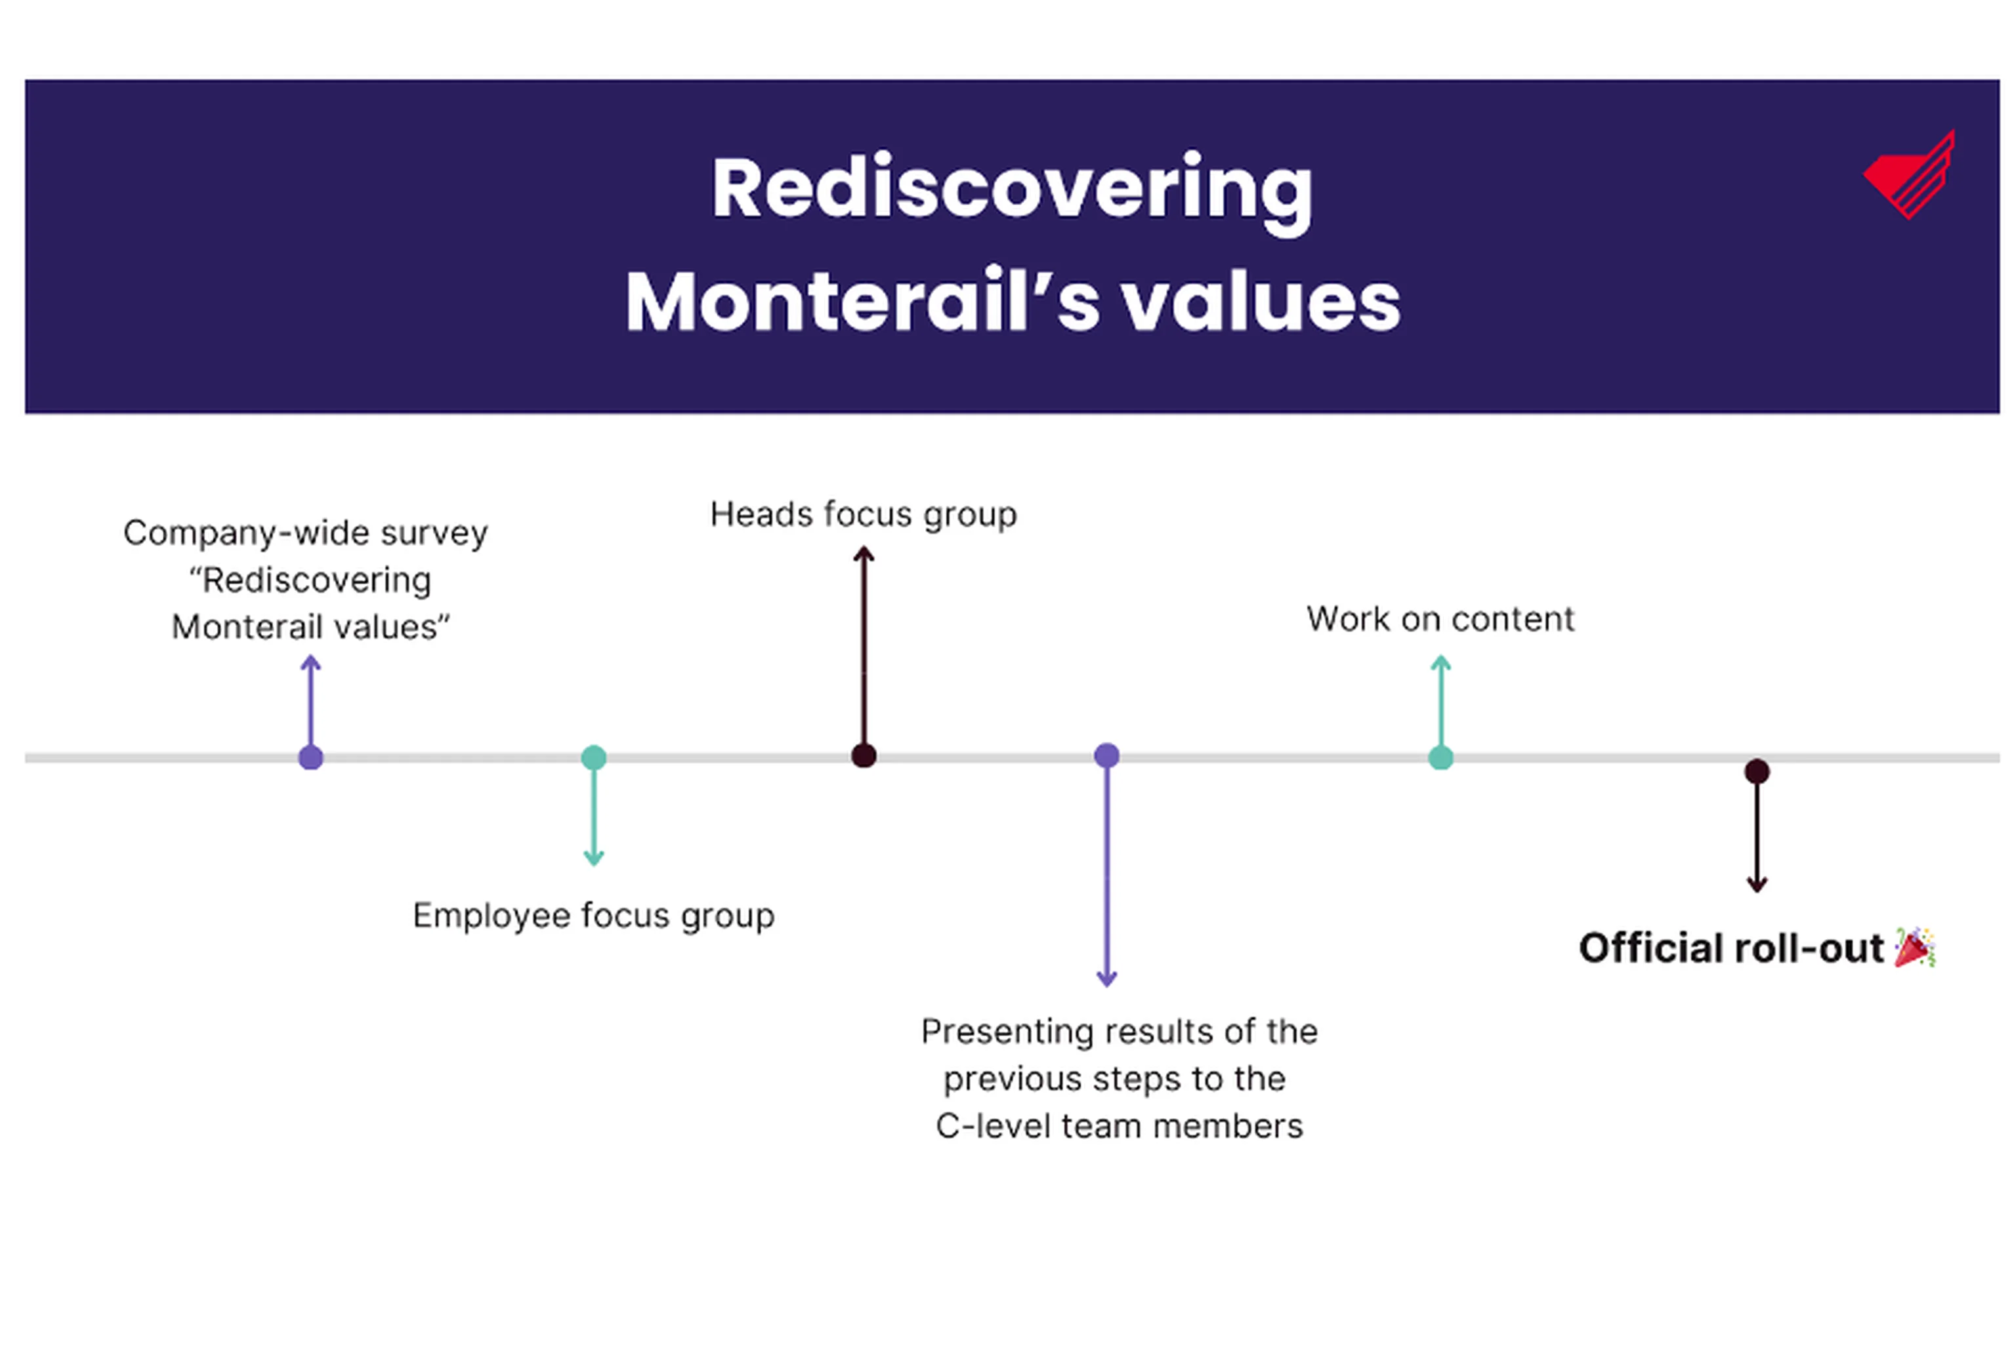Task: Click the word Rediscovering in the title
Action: [1011, 190]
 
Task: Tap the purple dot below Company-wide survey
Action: [310, 757]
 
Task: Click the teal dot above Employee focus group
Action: [593, 757]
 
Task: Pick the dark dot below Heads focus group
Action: [864, 756]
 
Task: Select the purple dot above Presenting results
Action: [1106, 756]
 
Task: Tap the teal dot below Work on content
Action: [1440, 757]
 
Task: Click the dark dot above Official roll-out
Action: [1757, 771]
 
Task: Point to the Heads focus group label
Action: [863, 514]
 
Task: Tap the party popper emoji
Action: [1914, 948]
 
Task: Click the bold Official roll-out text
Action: [1731, 948]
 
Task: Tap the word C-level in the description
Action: [994, 1126]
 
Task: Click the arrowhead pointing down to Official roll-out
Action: [1757, 884]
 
